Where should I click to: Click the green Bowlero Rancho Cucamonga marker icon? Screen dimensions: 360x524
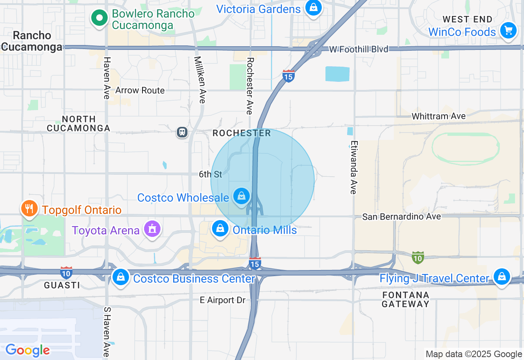click(x=99, y=18)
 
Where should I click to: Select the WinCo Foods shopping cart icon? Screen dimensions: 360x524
click(x=508, y=31)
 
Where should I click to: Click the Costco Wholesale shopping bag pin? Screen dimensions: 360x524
click(x=242, y=197)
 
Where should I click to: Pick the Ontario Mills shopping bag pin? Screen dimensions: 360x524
click(x=220, y=229)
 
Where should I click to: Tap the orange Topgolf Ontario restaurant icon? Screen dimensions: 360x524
click(x=29, y=209)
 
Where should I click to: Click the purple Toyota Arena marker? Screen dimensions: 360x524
click(x=152, y=229)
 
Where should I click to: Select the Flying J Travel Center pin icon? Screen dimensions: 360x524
click(x=501, y=277)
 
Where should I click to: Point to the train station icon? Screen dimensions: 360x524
click(x=182, y=132)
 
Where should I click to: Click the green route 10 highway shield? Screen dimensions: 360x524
click(x=418, y=258)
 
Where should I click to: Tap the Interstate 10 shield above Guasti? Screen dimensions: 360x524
click(x=66, y=272)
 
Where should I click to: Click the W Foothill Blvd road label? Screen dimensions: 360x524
click(x=359, y=49)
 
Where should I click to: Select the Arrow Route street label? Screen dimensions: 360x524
click(x=140, y=90)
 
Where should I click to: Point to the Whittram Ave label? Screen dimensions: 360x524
click(x=438, y=116)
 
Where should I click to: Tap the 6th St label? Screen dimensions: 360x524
click(x=210, y=174)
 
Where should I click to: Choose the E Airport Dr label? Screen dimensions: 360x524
click(x=222, y=300)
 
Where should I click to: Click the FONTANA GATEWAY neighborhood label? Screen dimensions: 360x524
click(x=406, y=299)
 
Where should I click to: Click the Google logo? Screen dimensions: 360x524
click(x=28, y=350)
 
